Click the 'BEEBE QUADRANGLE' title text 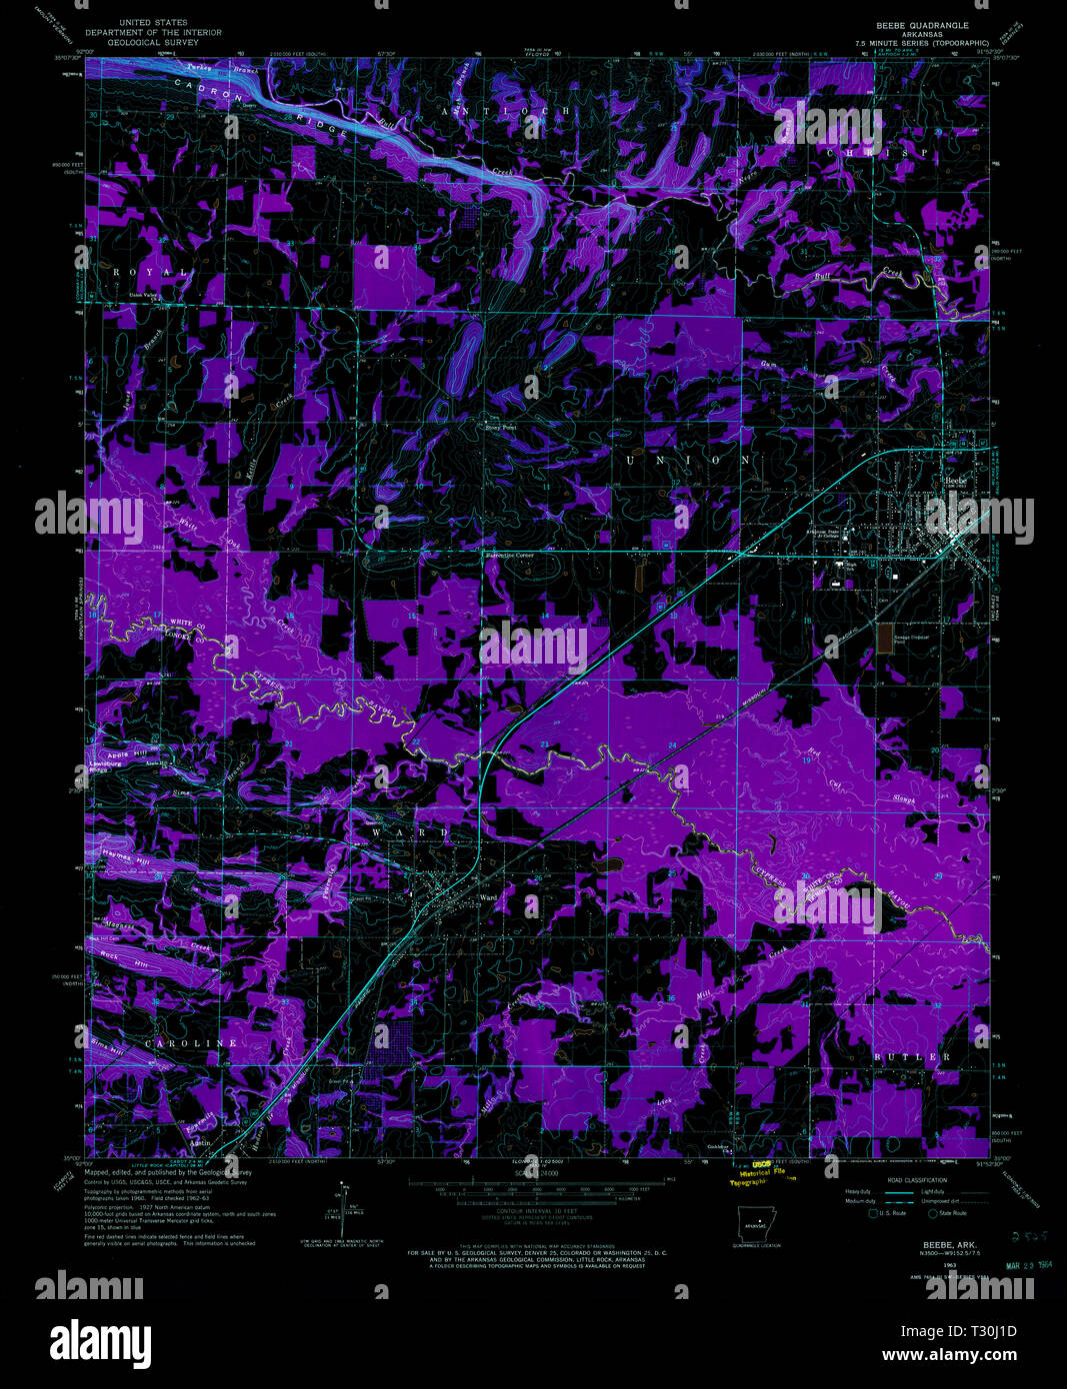point(922,24)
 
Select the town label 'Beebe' point(955,480)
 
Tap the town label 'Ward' point(488,897)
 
